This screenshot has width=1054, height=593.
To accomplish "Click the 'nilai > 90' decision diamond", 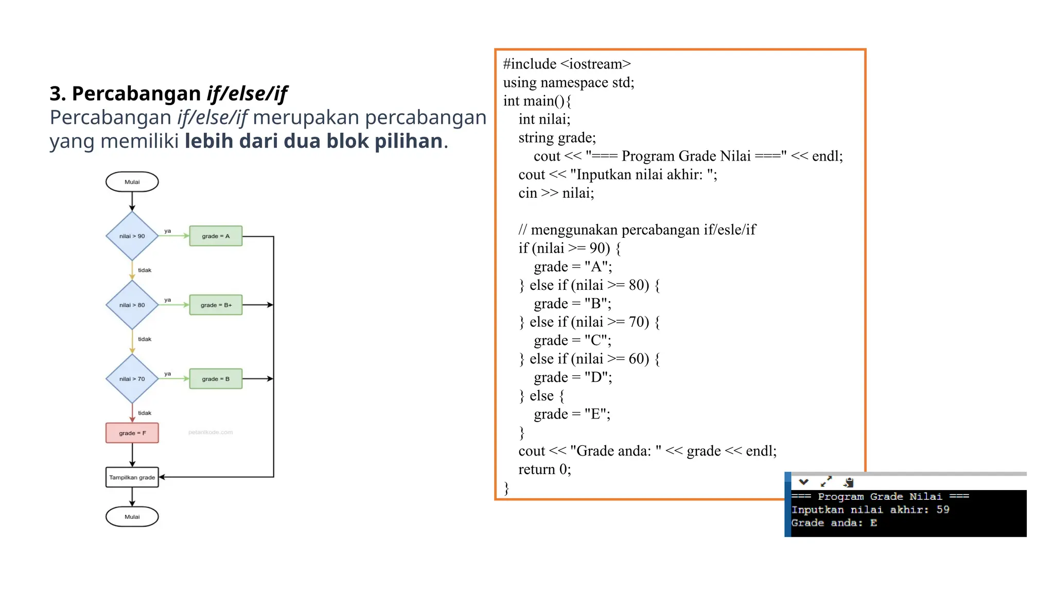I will (x=132, y=236).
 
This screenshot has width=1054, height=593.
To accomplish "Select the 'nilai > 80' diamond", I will (x=132, y=305).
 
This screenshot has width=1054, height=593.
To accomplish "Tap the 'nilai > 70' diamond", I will (x=132, y=379).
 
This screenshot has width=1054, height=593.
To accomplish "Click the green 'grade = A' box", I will (x=216, y=236).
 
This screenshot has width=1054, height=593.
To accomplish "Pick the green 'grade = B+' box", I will (x=216, y=305).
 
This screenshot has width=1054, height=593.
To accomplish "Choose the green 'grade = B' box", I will (x=216, y=379).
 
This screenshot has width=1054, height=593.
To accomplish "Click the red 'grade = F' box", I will (x=132, y=433).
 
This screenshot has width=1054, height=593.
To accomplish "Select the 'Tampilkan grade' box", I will (x=132, y=477).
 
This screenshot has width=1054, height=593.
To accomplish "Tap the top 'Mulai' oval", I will (x=132, y=182).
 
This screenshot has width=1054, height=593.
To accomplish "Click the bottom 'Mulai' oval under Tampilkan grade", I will (x=132, y=517).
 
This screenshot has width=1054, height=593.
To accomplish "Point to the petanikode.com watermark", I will (x=210, y=432).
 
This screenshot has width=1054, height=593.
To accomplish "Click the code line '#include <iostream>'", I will (x=567, y=64).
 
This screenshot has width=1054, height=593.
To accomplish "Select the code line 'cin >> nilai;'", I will (x=556, y=193).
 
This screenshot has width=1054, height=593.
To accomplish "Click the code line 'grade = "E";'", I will (x=572, y=414).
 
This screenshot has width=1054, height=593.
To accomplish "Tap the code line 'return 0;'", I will (x=544, y=469).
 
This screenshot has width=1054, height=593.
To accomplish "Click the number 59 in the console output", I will (x=943, y=510).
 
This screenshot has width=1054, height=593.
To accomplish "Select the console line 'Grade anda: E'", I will (x=834, y=523).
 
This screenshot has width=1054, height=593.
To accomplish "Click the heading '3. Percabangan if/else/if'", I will (x=168, y=94).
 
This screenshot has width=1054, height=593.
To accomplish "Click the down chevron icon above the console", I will (x=803, y=482).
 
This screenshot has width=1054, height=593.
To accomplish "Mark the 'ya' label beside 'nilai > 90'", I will (x=167, y=231).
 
